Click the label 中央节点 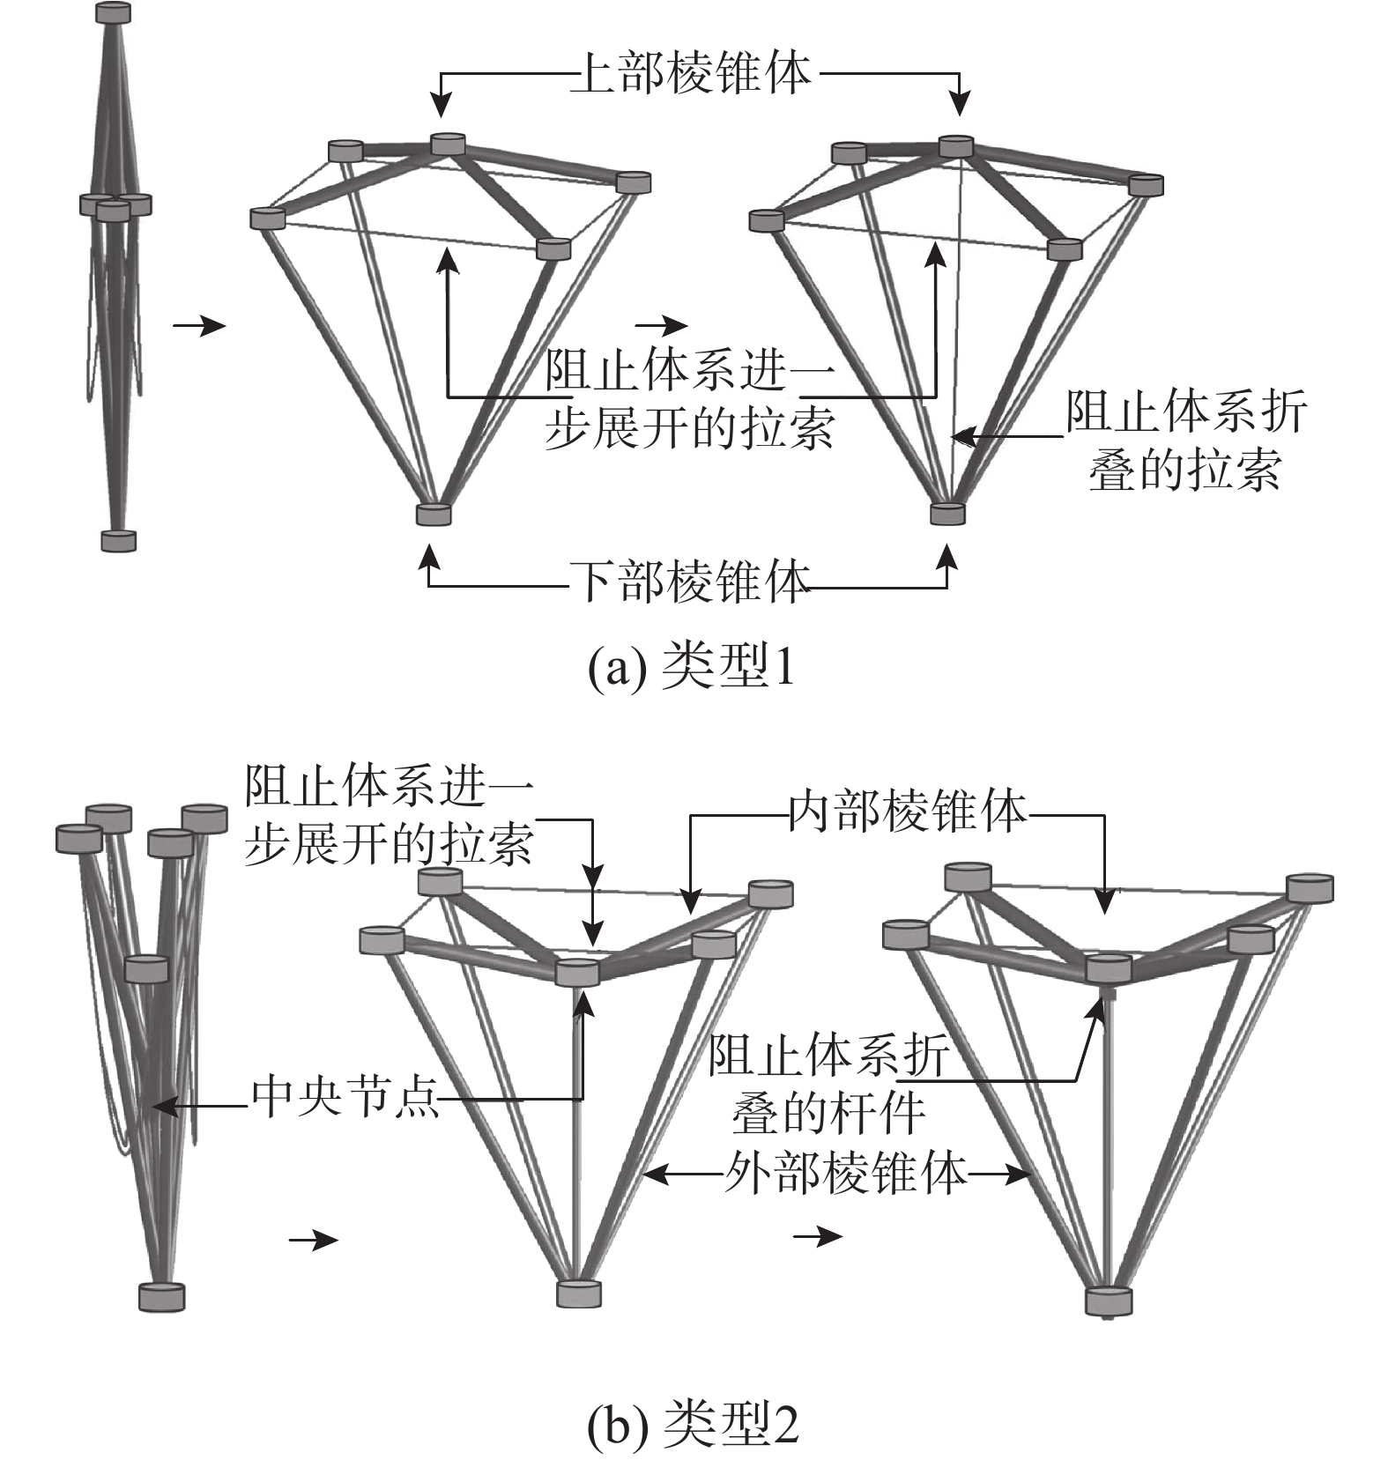coord(345,1099)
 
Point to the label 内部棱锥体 coord(908,813)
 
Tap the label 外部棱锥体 coord(846,1173)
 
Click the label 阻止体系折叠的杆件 coord(828,1085)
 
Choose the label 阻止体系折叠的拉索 coord(1186,441)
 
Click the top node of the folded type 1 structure coord(113,12)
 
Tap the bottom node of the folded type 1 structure coord(118,540)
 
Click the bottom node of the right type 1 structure coord(947,513)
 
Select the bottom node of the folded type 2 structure coord(162,1297)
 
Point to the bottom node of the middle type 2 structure coord(579,1293)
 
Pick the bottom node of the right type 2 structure coord(1109,1301)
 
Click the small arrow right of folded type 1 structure coord(199,326)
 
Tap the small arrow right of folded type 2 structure coord(314,1241)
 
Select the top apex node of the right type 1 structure coord(956,145)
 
